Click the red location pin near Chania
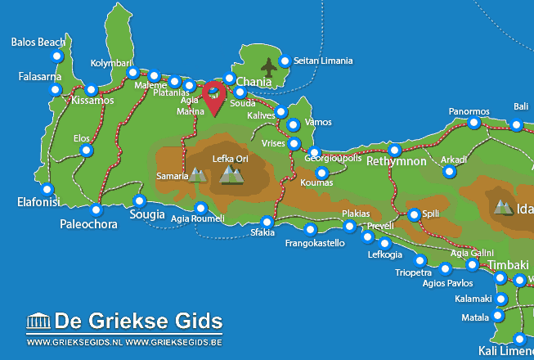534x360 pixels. click(214, 97)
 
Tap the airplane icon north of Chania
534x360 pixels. click(268, 65)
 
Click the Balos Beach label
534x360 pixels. click(39, 42)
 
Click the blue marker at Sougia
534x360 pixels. click(140, 201)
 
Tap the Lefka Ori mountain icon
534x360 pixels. click(232, 173)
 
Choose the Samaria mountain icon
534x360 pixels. click(197, 174)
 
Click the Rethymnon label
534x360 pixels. click(393, 162)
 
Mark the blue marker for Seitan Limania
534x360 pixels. click(285, 61)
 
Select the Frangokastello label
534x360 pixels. click(314, 243)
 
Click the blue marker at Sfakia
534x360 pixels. click(267, 222)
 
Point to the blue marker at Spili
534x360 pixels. click(414, 215)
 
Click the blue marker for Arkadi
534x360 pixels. click(449, 172)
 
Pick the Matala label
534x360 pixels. click(474, 316)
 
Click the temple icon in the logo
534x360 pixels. click(38, 320)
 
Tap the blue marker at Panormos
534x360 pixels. click(474, 124)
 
